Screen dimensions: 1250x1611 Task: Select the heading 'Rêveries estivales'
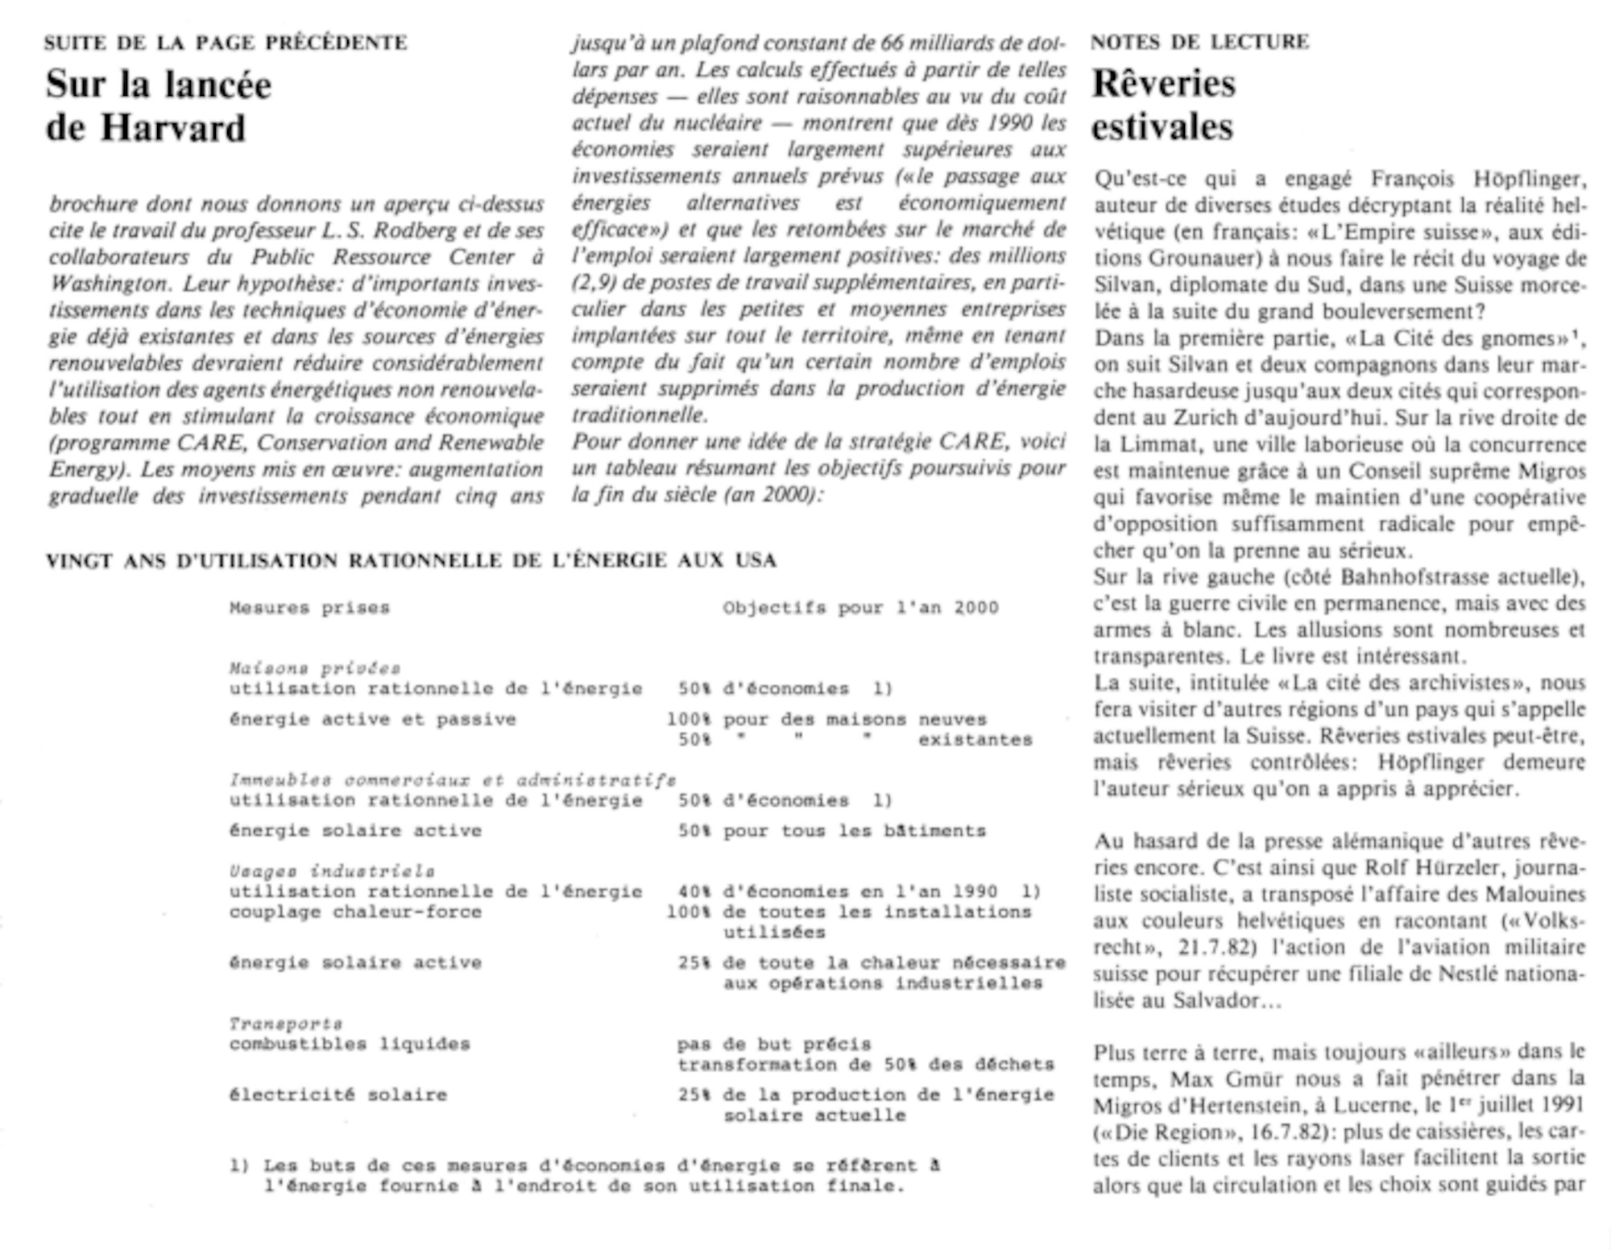pyautogui.click(x=1163, y=106)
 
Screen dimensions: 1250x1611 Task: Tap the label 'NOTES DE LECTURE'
pyautogui.click(x=1199, y=42)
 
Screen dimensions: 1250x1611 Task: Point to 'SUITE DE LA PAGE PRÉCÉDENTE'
pyautogui.click(x=226, y=43)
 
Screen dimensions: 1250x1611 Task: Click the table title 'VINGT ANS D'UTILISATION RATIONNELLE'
pyautogui.click(x=411, y=561)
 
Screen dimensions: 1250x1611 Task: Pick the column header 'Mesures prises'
pyautogui.click(x=309, y=608)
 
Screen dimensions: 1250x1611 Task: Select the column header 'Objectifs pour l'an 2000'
pyautogui.click(x=860, y=608)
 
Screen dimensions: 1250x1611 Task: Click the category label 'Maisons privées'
pyautogui.click(x=315, y=668)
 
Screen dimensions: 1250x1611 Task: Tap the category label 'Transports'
pyautogui.click(x=286, y=1024)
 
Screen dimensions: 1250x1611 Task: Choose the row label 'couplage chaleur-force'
pyautogui.click(x=355, y=912)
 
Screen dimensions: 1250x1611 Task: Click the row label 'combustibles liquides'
pyautogui.click(x=350, y=1044)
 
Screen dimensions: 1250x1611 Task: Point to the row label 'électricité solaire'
pyautogui.click(x=338, y=1095)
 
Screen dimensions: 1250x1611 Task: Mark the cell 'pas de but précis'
pyautogui.click(x=774, y=1044)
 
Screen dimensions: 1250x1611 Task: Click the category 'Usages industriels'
pyautogui.click(x=332, y=871)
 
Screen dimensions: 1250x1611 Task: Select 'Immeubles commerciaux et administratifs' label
pyautogui.click(x=453, y=779)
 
